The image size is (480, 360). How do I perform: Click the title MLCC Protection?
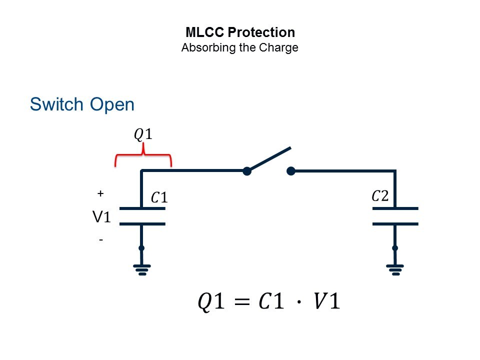(240, 33)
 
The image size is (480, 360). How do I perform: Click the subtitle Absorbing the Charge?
(240, 48)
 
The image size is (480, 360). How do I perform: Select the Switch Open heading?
(82, 104)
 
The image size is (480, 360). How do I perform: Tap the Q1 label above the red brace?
(142, 134)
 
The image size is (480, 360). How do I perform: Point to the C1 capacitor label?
(159, 198)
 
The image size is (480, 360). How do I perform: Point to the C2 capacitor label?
(380, 195)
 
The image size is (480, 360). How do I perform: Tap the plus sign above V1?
(100, 193)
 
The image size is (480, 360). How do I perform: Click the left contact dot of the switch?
(246, 171)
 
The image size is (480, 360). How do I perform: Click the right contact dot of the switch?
(291, 171)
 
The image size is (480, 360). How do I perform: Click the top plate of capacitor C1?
(142, 207)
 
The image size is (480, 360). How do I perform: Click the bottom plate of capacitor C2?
(395, 223)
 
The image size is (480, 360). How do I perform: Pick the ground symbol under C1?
(142, 270)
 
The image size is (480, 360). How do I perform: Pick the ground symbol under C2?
(395, 270)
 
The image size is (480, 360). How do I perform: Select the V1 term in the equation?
(324, 302)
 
